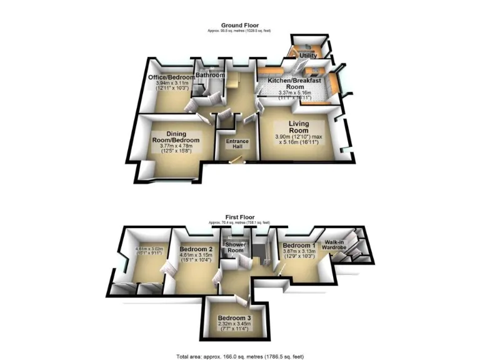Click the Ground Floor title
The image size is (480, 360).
point(240,26)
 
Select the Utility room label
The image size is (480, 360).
point(308,56)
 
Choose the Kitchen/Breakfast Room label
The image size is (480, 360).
point(294,84)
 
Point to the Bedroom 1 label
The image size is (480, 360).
point(299,246)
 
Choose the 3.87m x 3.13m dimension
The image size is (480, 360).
point(299,253)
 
